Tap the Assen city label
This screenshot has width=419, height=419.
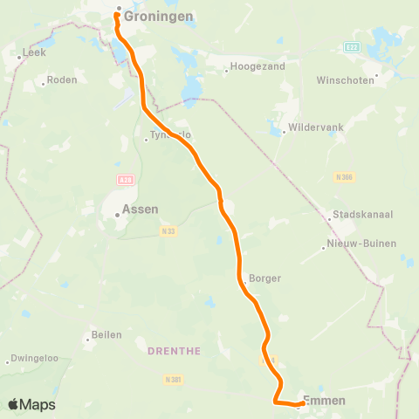(140, 209)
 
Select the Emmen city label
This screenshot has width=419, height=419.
(324, 401)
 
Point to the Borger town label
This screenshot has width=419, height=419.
(265, 278)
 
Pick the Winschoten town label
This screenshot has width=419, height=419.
(346, 79)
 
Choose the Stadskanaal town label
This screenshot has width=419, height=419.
(358, 216)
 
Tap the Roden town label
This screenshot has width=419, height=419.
(62, 79)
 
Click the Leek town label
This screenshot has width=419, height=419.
(34, 52)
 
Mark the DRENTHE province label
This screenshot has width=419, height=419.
(175, 351)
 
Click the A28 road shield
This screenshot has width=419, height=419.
(125, 179)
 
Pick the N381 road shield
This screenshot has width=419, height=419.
(173, 380)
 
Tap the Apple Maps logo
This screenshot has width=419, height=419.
(31, 404)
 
